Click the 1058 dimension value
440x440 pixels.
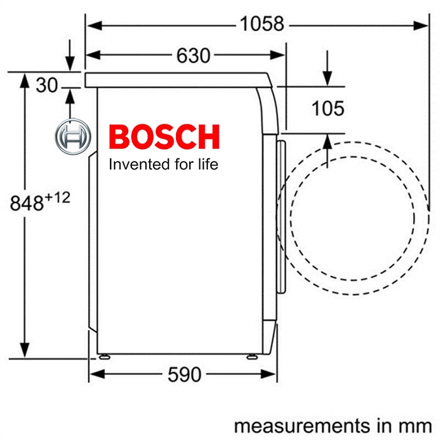262,25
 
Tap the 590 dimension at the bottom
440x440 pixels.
184,375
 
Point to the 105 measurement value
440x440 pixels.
328,108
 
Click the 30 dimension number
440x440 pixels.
47,85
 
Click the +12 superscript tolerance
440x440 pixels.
57,198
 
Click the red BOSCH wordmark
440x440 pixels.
164,137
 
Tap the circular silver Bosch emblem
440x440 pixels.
71,136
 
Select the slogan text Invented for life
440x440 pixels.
163,165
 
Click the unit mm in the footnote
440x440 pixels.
420,424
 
